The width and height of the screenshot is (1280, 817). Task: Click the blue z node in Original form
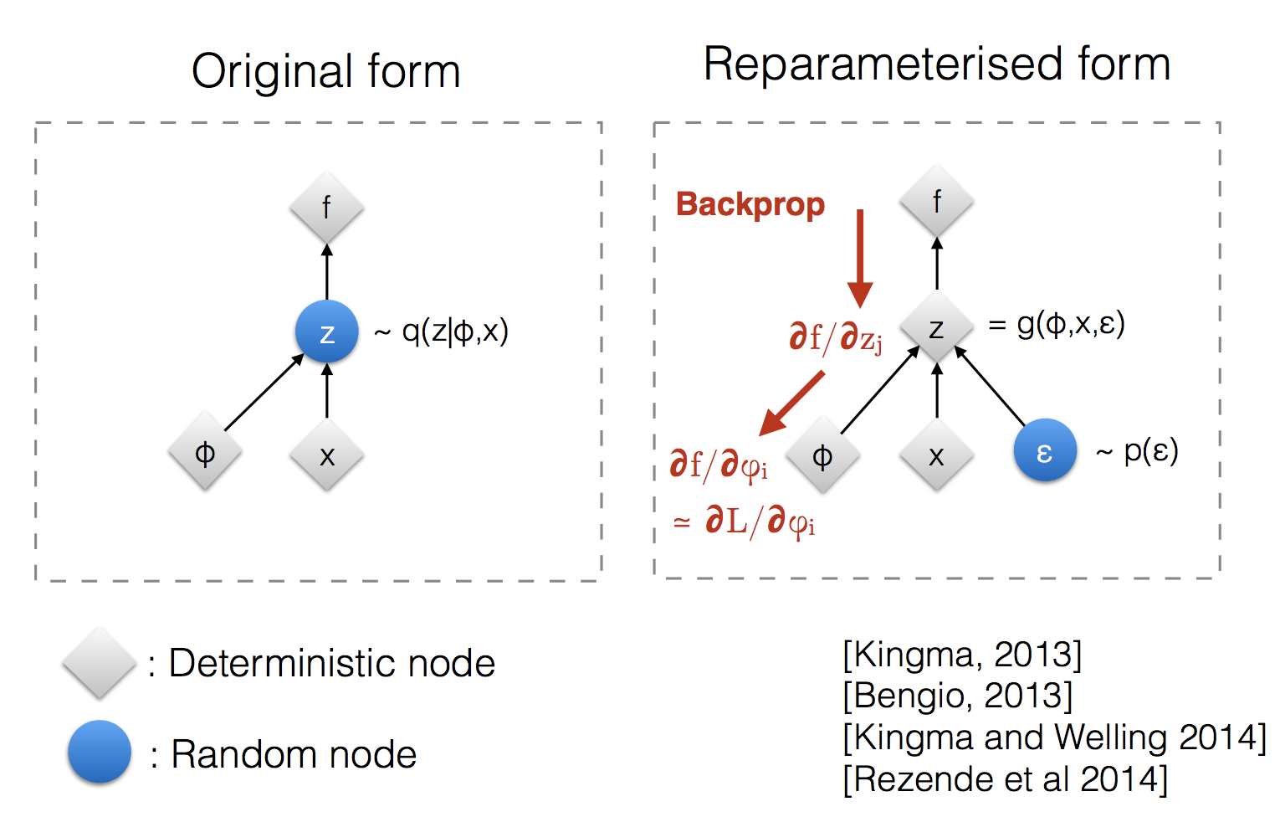click(327, 332)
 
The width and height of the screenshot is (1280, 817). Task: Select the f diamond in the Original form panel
click(327, 208)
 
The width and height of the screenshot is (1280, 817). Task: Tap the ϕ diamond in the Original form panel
click(205, 453)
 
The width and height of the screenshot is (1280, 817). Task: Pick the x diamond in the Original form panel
click(327, 455)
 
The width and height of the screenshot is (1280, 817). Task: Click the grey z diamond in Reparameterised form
click(937, 327)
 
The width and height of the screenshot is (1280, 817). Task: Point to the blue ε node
click(1045, 450)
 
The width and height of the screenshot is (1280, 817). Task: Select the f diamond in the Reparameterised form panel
click(937, 201)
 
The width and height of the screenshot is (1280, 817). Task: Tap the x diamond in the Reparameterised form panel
click(937, 455)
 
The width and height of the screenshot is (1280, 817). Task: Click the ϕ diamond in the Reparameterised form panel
click(823, 455)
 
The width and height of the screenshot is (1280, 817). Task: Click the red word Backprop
click(750, 205)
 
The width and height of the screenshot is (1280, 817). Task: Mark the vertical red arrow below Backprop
click(860, 259)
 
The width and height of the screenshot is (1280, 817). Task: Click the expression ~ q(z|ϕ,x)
click(441, 332)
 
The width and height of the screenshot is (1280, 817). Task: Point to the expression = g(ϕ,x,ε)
click(1056, 323)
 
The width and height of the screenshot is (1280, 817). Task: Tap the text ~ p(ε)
click(1137, 451)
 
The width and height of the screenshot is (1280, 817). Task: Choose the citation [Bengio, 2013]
click(958, 696)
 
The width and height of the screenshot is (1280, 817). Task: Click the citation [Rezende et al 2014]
click(1005, 779)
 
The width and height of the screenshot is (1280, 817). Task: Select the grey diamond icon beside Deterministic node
click(100, 662)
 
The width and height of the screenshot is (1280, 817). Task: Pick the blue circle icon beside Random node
click(100, 752)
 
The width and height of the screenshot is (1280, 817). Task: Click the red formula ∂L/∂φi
click(757, 522)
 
